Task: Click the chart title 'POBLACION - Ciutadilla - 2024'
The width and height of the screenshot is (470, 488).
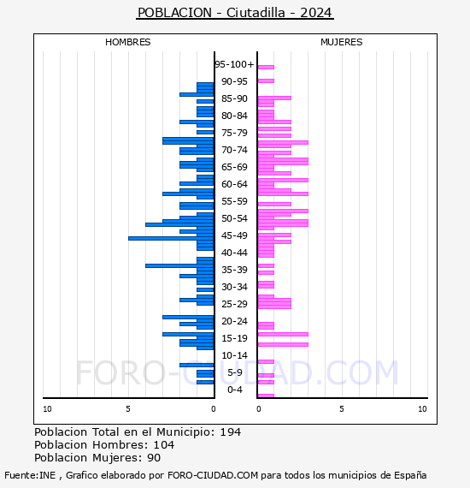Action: click(235, 13)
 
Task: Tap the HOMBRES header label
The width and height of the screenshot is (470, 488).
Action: click(127, 42)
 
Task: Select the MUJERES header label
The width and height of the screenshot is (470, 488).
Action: click(342, 42)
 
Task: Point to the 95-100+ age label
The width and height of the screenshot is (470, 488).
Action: click(234, 64)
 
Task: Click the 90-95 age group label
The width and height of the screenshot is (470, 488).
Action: click(234, 81)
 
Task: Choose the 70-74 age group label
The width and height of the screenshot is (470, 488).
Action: click(234, 150)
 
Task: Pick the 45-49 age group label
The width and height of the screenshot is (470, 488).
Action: click(234, 235)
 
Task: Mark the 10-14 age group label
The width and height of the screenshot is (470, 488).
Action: click(234, 355)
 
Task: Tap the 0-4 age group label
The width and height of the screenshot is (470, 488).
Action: click(235, 390)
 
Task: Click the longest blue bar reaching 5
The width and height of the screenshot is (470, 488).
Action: click(171, 238)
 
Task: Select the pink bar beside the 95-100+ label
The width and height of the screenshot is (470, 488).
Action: click(266, 67)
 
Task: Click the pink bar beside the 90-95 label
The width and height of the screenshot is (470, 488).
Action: click(266, 81)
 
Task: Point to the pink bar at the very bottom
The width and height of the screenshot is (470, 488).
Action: click(266, 396)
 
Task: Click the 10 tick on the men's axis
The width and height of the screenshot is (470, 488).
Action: click(47, 409)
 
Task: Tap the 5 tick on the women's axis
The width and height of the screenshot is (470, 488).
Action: click(342, 409)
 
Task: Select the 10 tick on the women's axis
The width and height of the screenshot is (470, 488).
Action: click(422, 409)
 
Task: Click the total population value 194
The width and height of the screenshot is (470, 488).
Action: click(230, 432)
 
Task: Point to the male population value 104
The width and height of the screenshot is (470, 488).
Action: click(164, 445)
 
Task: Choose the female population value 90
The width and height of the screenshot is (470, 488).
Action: click(154, 458)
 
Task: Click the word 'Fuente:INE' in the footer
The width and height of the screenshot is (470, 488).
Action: click(30, 475)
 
